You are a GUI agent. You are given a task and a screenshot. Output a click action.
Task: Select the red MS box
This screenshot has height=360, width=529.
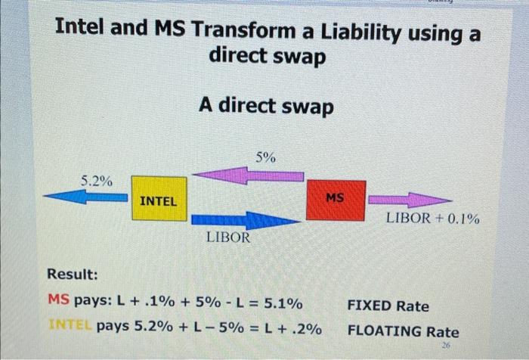336,199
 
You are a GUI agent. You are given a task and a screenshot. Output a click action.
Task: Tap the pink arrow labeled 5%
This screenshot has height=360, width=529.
249,175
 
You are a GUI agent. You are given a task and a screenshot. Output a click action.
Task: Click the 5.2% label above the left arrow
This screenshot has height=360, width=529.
97,181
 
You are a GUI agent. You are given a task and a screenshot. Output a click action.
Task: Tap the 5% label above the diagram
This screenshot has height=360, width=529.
265,157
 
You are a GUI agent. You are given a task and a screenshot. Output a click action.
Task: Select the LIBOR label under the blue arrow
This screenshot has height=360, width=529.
227,237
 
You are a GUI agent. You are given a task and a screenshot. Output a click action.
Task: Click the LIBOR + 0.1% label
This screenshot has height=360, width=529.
433,219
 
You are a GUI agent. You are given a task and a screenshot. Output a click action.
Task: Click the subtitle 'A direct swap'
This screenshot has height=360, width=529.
265,107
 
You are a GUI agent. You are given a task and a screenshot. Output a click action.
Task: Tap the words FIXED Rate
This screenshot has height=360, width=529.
388,306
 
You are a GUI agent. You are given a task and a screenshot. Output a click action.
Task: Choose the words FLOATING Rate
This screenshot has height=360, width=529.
403,331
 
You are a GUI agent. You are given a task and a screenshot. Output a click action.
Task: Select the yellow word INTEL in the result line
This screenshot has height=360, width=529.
70,329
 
